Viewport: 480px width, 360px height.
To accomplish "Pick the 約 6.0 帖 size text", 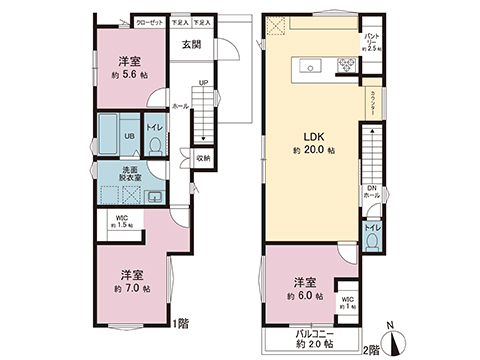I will coord(305,296).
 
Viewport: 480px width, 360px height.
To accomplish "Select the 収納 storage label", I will coord(202,157).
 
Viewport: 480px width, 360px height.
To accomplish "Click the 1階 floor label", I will coord(181,323).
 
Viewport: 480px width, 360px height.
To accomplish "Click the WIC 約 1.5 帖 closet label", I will coord(120,222).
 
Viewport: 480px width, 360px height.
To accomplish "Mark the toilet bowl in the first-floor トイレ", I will coord(155,146).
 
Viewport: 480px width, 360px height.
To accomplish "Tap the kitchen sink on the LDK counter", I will coord(306,68).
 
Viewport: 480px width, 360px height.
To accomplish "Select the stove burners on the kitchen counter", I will coord(346,67).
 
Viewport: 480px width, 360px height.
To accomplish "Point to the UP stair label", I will coord(203,84).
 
